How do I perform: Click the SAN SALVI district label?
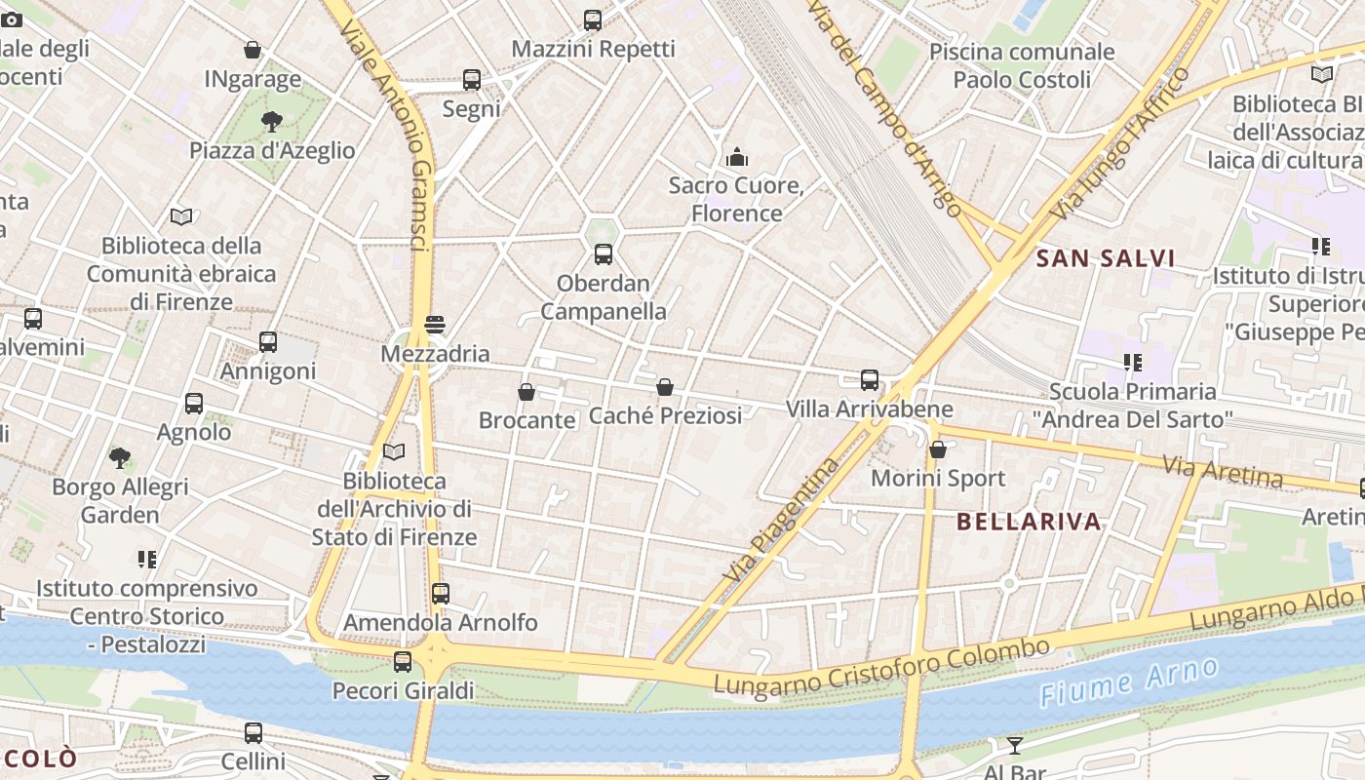(1106, 258)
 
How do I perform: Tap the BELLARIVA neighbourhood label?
(1029, 521)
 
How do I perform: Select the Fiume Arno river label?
(1128, 682)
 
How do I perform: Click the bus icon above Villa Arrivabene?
(869, 380)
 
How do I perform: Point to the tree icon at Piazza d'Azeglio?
(272, 122)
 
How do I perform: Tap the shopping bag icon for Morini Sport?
(938, 449)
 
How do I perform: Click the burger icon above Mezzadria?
(435, 325)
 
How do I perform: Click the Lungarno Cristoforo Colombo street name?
(881, 669)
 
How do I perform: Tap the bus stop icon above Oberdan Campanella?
(604, 254)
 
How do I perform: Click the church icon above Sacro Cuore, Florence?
(737, 156)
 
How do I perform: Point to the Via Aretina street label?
(1223, 471)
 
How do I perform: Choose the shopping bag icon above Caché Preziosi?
(665, 387)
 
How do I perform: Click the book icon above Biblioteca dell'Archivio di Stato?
(394, 451)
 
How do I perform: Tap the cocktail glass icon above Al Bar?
(1014, 746)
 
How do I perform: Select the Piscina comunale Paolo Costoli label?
(1021, 65)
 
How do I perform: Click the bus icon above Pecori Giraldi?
(403, 662)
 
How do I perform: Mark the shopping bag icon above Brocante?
(526, 392)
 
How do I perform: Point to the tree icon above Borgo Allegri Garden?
(120, 457)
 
